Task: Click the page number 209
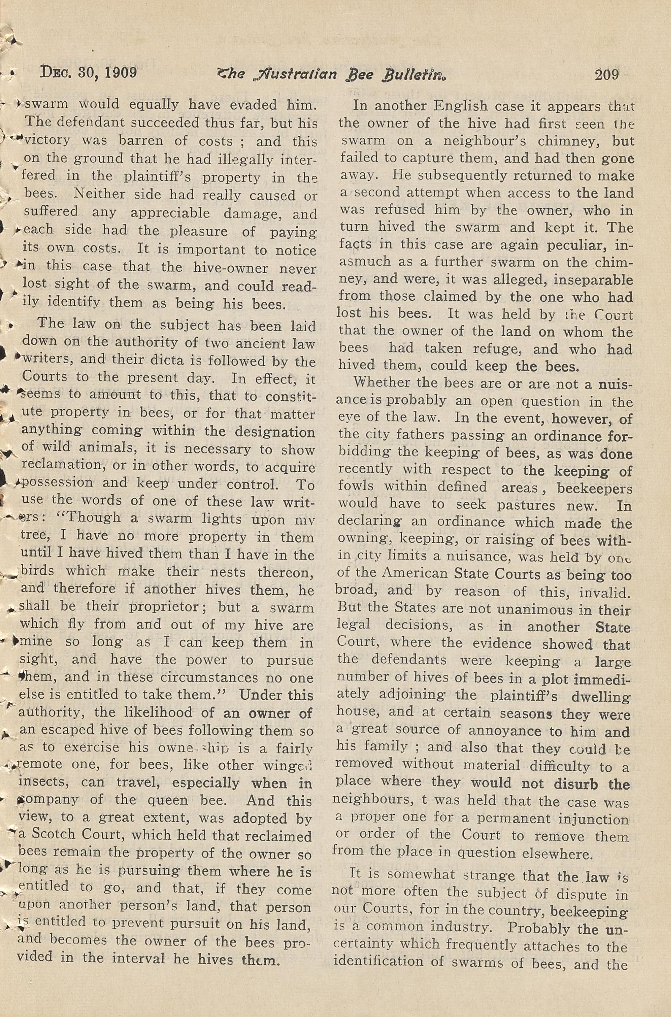pos(606,74)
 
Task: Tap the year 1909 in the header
pos(121,73)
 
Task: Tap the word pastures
pos(526,505)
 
